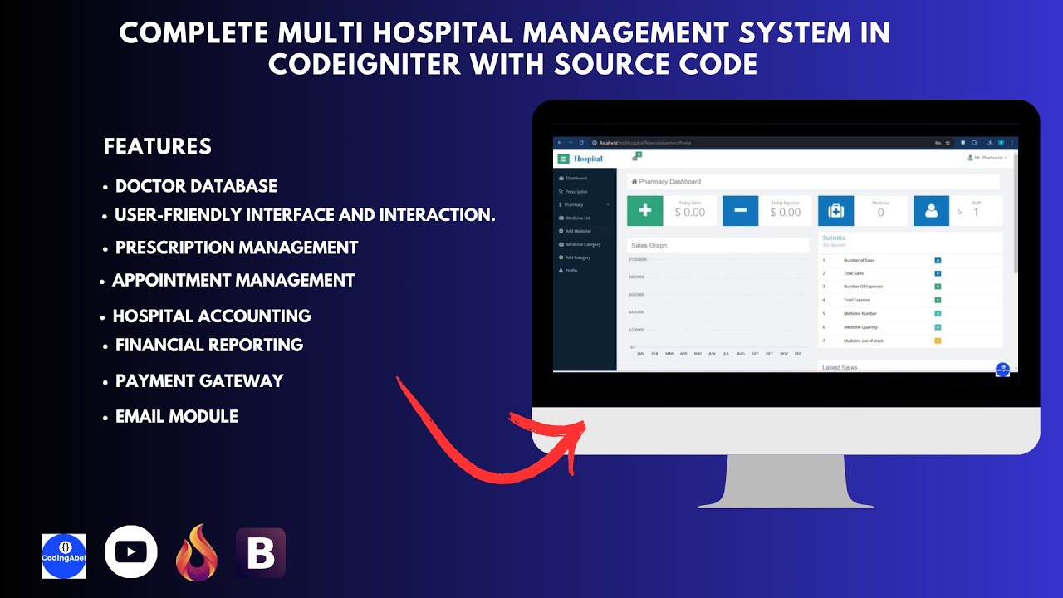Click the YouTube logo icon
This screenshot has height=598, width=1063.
[131, 551]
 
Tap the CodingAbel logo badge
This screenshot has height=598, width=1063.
[64, 556]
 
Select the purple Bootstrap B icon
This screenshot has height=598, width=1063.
[261, 553]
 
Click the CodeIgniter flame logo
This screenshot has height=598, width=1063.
[196, 553]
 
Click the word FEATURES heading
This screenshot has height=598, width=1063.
[158, 147]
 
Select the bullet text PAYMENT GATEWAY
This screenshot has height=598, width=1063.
[199, 381]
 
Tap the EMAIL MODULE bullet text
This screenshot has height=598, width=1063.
[176, 417]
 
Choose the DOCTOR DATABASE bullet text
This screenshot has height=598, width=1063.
[196, 186]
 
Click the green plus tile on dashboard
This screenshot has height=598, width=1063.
[644, 211]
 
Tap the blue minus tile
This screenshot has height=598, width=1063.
[740, 211]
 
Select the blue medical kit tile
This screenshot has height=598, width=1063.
[835, 211]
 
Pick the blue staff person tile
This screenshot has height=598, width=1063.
[931, 211]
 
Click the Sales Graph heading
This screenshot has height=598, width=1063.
[649, 245]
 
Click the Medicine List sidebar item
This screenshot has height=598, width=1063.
[578, 218]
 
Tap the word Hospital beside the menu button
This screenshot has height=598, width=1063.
[588, 159]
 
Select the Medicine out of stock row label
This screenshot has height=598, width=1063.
[864, 341]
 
